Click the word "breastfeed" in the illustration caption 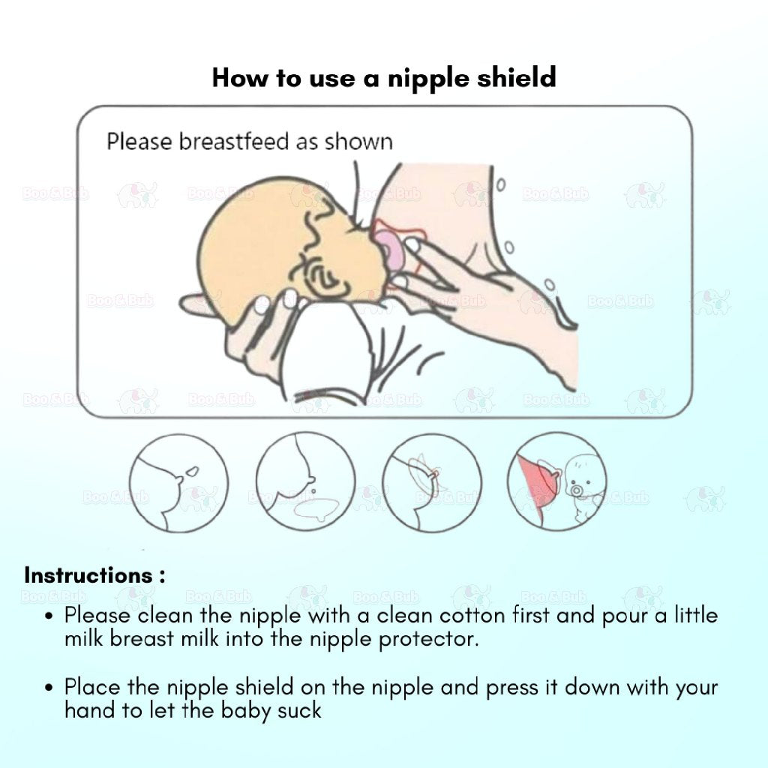pos(234,142)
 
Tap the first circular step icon pos(178,483)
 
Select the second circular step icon pos(306,482)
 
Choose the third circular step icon pos(431,483)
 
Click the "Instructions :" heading pos(94,575)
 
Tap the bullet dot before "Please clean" pos(49,616)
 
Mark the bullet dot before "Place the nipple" pos(49,688)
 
